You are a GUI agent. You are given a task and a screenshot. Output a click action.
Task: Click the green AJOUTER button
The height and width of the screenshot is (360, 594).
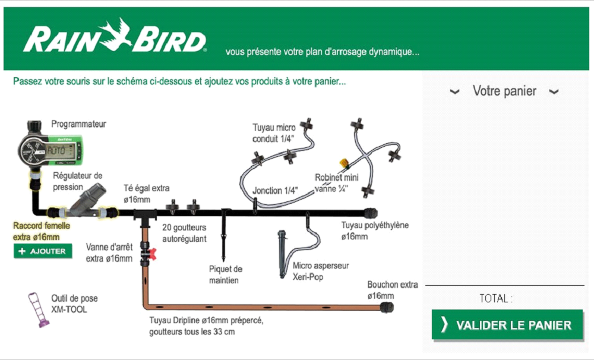click(x=43, y=251)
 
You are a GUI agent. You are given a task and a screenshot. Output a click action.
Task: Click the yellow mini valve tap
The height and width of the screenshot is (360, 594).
click(x=343, y=162)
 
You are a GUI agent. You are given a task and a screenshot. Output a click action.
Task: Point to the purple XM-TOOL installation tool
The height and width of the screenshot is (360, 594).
click(x=39, y=310)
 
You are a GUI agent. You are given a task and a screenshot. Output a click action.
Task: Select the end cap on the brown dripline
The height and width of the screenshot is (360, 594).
click(x=387, y=307)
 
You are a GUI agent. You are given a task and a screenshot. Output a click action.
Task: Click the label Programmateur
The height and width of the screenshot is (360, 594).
click(x=78, y=124)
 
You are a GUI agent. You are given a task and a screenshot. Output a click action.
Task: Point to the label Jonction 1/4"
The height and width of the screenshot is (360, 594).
click(x=276, y=191)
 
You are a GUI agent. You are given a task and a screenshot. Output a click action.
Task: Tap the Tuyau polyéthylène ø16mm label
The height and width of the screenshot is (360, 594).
click(x=375, y=231)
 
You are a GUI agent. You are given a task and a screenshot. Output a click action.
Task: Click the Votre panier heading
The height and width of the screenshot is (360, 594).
click(x=504, y=91)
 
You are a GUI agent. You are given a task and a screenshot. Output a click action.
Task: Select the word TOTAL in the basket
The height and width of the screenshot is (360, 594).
click(x=495, y=298)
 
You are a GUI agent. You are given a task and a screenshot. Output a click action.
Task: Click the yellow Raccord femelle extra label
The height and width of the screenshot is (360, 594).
click(x=41, y=232)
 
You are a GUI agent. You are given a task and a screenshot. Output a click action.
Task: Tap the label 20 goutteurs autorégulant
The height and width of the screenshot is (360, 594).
click(x=185, y=233)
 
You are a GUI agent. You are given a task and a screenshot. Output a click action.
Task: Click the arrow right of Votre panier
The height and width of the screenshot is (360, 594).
click(x=554, y=91)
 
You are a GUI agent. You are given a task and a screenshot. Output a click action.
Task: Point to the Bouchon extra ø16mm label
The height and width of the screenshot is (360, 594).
click(x=392, y=290)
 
